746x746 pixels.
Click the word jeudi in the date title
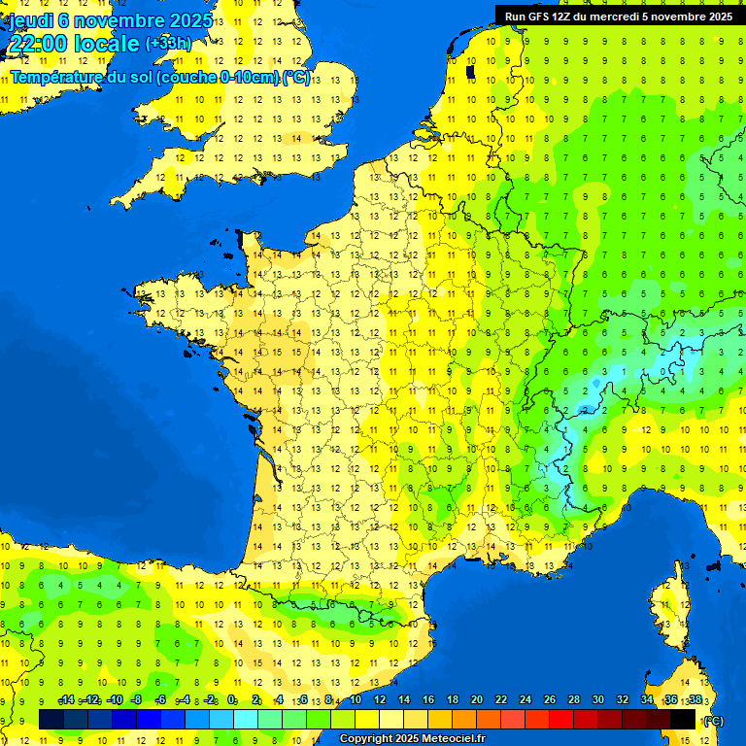31,20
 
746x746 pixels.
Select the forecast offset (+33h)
168,44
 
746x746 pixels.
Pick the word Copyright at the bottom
364,739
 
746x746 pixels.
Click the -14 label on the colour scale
66,700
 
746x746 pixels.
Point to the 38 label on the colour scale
695,700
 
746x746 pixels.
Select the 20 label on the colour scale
477,700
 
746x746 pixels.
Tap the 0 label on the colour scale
232,700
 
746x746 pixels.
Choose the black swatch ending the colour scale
683,719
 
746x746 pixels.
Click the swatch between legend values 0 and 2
245,719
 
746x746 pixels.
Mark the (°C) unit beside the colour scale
713,720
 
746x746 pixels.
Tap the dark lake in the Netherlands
470,71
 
